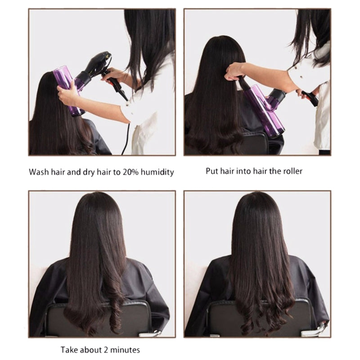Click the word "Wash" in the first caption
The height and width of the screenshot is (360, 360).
coord(39,172)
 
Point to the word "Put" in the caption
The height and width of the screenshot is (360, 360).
coord(212,171)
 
